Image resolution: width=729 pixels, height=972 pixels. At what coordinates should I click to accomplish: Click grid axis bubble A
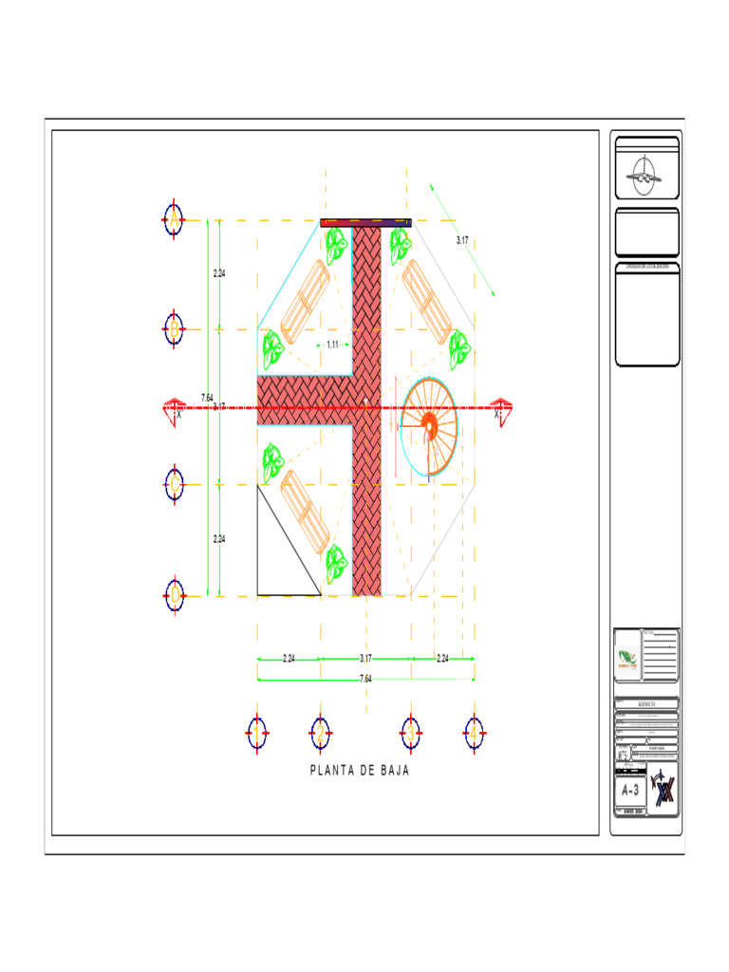174,220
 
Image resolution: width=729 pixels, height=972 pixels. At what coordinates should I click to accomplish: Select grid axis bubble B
174,329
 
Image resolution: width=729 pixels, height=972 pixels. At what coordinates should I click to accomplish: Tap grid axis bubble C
174,485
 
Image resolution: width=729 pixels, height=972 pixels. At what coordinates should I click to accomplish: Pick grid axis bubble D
174,596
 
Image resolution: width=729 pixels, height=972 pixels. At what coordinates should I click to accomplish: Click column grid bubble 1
255,733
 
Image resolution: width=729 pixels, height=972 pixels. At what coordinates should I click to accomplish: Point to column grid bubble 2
321,733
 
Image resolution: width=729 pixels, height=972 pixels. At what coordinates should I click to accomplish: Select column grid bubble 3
411,733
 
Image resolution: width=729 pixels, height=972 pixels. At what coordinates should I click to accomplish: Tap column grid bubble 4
474,733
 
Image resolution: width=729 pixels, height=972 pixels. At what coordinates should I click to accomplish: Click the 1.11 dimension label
332,345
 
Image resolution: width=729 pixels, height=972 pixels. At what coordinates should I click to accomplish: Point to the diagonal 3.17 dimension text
461,241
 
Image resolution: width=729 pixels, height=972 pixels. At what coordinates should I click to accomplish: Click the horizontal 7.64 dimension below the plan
365,679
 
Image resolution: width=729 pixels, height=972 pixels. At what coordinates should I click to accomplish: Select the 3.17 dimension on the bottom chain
365,658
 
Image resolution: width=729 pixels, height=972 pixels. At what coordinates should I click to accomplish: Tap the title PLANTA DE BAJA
360,770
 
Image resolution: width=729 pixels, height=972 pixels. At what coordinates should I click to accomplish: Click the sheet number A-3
631,790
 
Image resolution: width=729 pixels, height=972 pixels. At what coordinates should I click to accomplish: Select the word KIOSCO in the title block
646,705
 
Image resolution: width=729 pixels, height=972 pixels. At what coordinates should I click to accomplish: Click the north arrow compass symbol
646,177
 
